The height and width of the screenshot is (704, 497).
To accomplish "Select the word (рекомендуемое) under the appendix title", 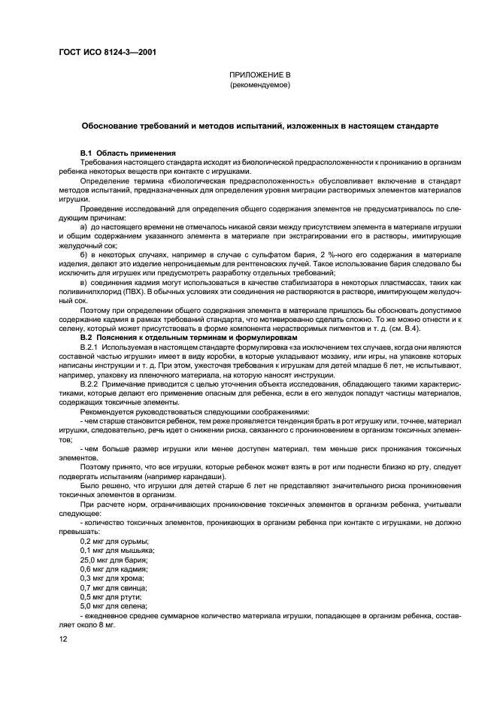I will coord(259,86).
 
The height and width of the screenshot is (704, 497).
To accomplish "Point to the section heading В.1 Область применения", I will coord(128,153).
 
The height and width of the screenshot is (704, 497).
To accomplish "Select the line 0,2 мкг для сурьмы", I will coord(114,542).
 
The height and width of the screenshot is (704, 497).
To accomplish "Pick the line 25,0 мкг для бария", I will coord(114,560).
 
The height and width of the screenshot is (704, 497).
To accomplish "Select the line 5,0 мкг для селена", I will coord(114,605).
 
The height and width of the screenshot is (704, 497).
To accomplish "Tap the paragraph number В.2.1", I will coord(92,346).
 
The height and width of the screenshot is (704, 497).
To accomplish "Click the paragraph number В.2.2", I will coord(92,382).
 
